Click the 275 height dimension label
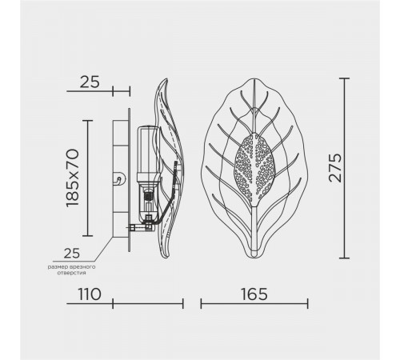335,168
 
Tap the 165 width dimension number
254,294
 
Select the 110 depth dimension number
90,294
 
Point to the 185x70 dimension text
73,178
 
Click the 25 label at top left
90,82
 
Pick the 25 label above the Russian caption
72,253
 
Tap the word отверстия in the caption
71,273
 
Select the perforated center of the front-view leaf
254,169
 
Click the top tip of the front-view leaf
254,78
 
